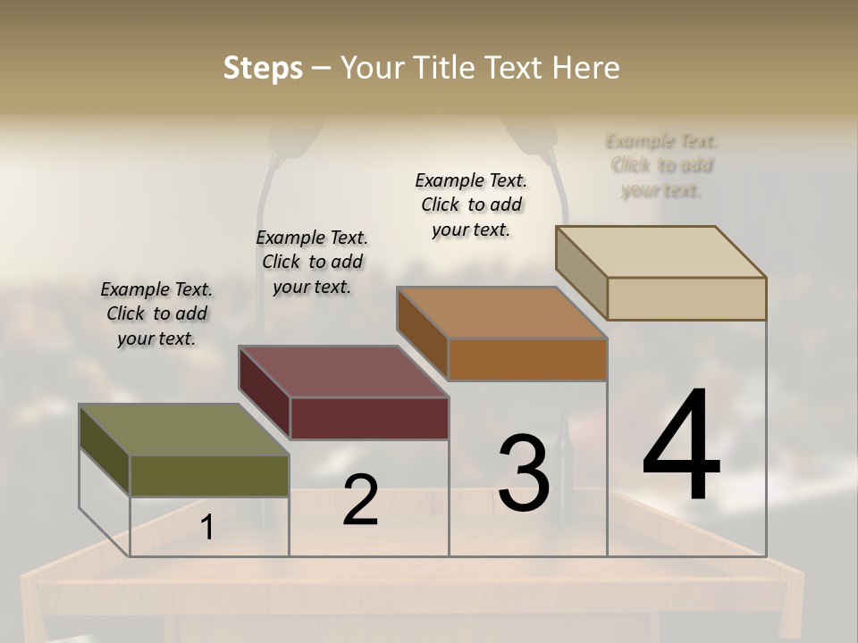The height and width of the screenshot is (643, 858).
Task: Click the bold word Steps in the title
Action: pyautogui.click(x=263, y=68)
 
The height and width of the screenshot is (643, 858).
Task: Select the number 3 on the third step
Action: pyautogui.click(x=524, y=473)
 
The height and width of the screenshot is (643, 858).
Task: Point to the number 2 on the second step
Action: pyautogui.click(x=360, y=500)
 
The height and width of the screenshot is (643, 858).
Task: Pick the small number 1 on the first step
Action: pyautogui.click(x=207, y=528)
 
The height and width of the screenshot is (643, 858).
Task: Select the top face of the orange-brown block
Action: pyautogui.click(x=502, y=313)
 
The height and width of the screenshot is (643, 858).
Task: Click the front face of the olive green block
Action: pyautogui.click(x=209, y=475)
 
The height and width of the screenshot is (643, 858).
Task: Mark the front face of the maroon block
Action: pyautogui.click(x=369, y=418)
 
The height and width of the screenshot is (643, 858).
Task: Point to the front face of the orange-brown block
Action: pyautogui.click(x=527, y=359)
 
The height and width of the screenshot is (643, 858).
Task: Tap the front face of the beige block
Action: pyautogui.click(x=686, y=298)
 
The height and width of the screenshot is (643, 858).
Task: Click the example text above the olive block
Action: pyautogui.click(x=156, y=313)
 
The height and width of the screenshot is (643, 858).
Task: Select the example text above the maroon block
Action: pyautogui.click(x=312, y=262)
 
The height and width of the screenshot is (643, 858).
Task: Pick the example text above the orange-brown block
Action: pyautogui.click(x=471, y=205)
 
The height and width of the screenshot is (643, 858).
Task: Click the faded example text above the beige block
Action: pyautogui.click(x=661, y=165)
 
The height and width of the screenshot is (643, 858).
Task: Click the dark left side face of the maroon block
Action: pyautogui.click(x=265, y=393)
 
